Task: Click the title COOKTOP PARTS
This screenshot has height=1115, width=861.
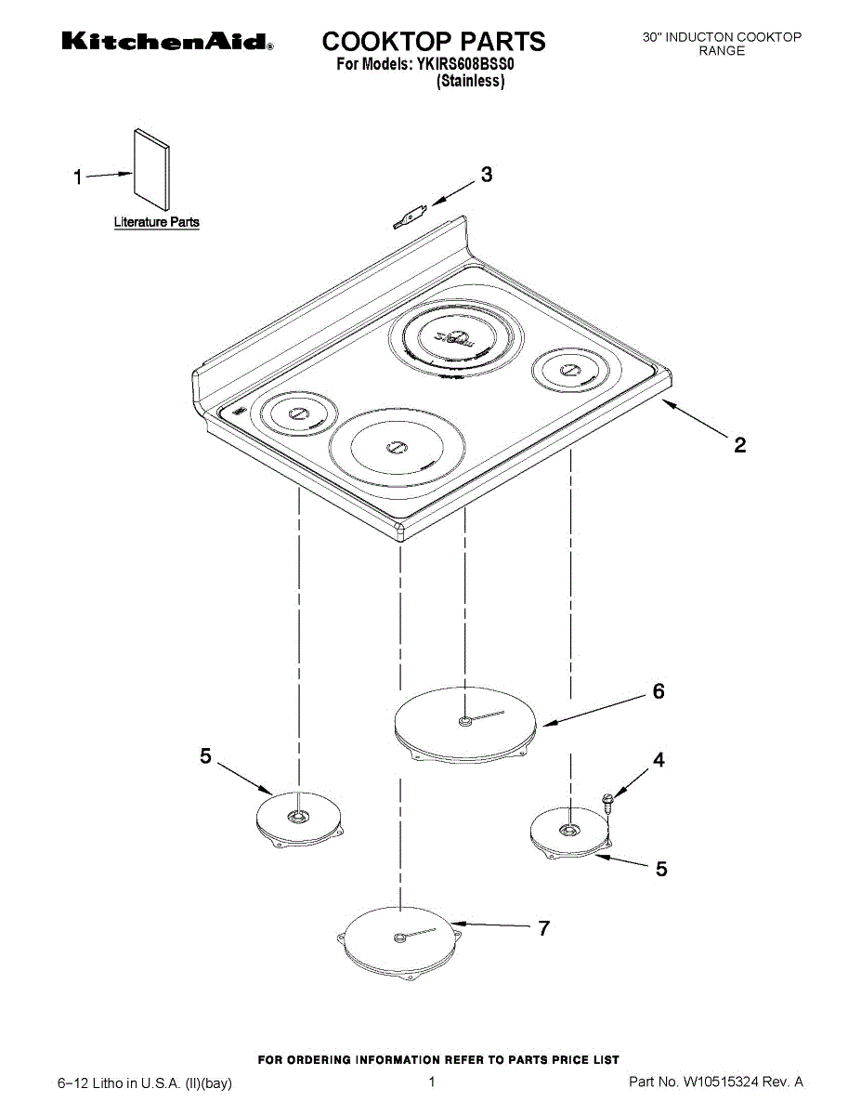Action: click(x=433, y=41)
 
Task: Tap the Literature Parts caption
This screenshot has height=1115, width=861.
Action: click(x=156, y=222)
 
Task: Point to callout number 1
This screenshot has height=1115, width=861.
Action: click(x=80, y=177)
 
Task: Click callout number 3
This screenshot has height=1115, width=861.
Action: click(x=486, y=175)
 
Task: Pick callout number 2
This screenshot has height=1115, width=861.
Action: click(x=739, y=445)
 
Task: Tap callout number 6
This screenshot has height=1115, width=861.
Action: click(x=658, y=691)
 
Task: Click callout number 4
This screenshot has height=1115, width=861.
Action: click(x=659, y=760)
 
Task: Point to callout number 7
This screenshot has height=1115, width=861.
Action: click(x=543, y=927)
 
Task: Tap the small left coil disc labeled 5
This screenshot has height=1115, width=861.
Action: click(x=297, y=820)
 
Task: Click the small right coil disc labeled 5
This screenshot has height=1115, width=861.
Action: click(x=568, y=832)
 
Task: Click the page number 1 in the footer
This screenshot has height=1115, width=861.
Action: click(x=432, y=1082)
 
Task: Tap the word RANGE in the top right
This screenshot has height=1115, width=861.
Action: click(x=722, y=51)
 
